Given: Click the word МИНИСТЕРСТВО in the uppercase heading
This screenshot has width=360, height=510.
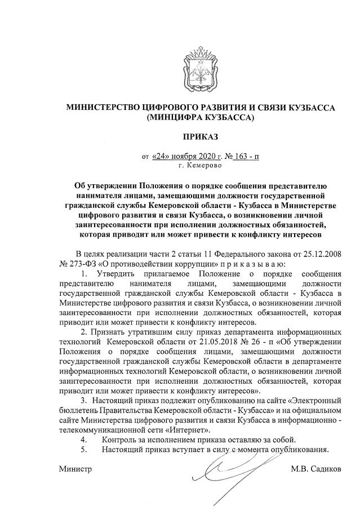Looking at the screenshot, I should click(x=104, y=108).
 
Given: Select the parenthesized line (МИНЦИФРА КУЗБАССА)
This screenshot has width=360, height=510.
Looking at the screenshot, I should click(x=200, y=118).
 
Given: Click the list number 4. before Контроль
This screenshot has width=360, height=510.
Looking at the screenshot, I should click(x=84, y=439).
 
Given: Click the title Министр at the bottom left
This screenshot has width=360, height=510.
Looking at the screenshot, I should click(x=75, y=469).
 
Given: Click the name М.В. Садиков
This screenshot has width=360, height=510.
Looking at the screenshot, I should click(x=315, y=469).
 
